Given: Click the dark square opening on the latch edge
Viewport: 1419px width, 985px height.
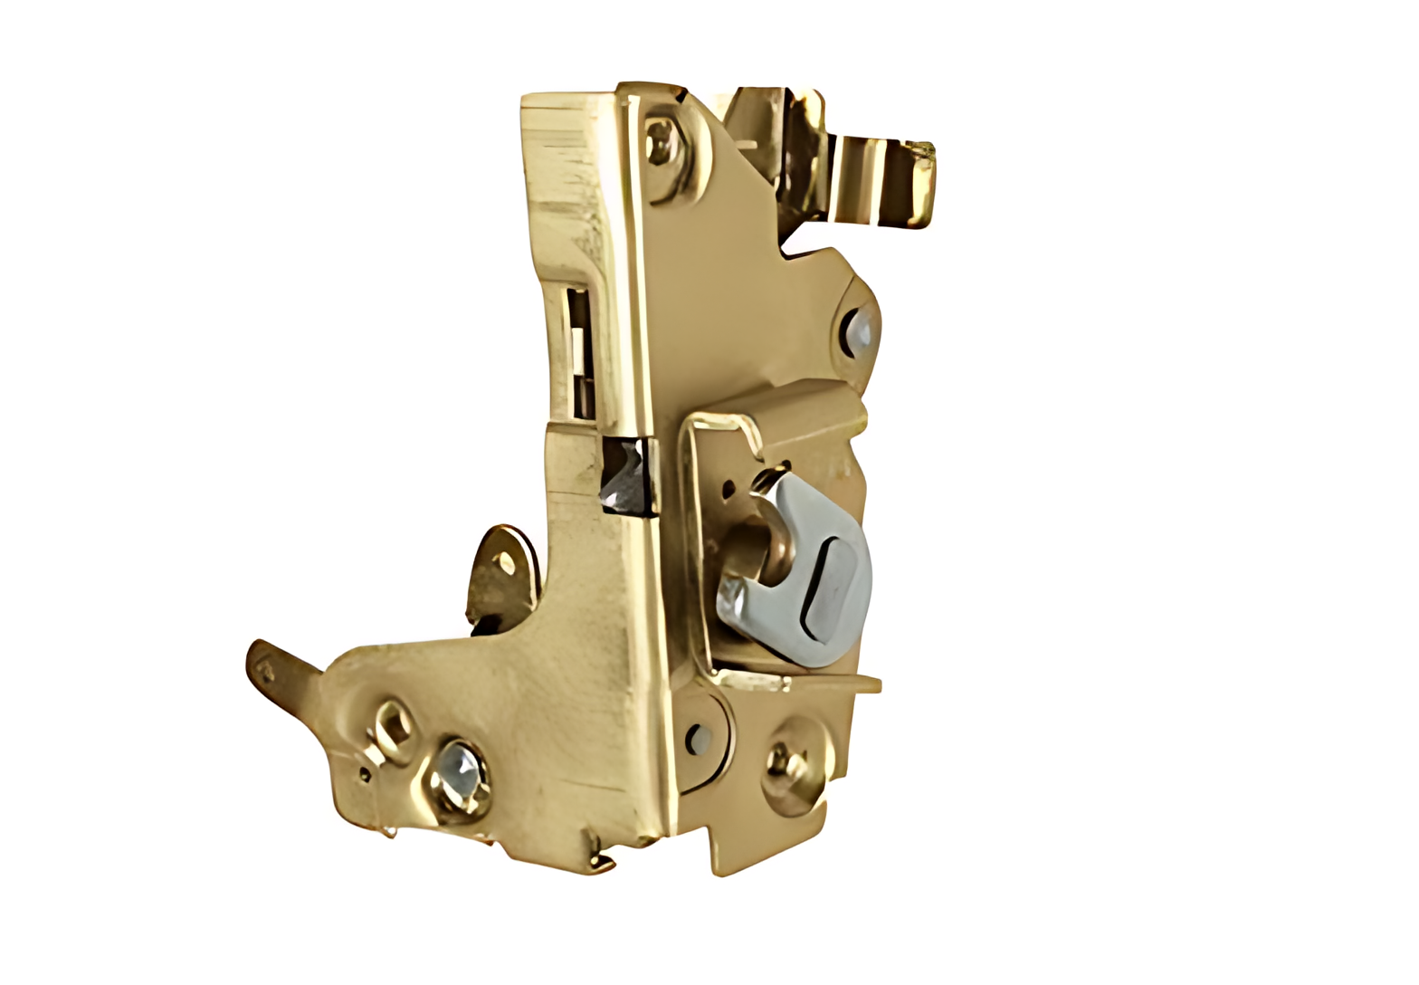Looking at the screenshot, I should pyautogui.click(x=626, y=475).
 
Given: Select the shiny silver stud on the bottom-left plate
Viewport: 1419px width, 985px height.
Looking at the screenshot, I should pyautogui.click(x=460, y=778).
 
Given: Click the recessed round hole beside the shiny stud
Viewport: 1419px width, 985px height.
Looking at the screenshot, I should pyautogui.click(x=394, y=724).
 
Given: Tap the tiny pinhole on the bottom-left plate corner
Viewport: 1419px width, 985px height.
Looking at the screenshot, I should pyautogui.click(x=365, y=775).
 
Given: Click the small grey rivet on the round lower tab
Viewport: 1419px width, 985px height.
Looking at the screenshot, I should pyautogui.click(x=698, y=739).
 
